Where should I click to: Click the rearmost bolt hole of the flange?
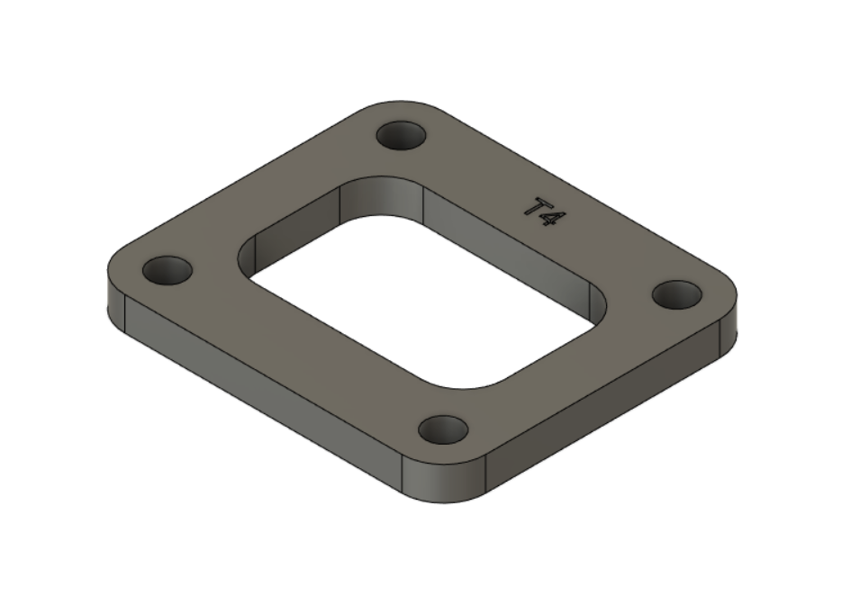tap(401, 137)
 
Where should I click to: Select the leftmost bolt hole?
tap(168, 269)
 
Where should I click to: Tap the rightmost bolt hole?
tap(676, 293)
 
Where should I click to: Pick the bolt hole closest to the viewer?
tap(444, 429)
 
